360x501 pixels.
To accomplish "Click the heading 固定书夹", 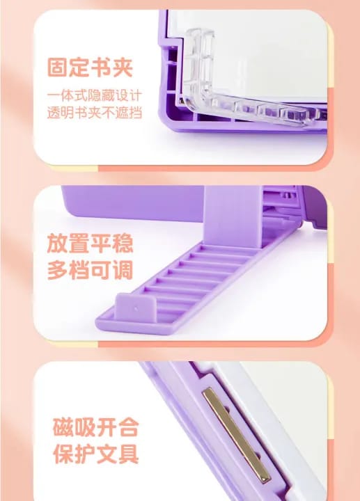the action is coord(90,67).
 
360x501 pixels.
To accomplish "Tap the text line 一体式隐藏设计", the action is coord(94,95).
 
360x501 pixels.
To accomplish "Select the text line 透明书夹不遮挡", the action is coord(94,113).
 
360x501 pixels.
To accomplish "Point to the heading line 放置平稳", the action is coord(90,244).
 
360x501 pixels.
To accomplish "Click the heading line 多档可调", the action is coord(90,270).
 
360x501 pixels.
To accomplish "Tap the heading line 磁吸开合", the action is coord(95,427).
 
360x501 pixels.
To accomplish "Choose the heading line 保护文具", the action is coord(95,454).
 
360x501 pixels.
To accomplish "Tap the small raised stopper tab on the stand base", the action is coord(135,308).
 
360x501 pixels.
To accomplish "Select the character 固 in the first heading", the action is coord(58,67).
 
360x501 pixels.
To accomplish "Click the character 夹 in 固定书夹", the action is coord(123,67).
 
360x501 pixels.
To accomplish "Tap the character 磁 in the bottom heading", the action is coord(63,427).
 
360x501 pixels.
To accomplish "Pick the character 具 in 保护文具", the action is coord(128,454).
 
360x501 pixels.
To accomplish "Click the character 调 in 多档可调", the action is coord(123,270).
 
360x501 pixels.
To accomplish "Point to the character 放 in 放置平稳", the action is coord(58,244).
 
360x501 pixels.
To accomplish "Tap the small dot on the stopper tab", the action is coord(136,309).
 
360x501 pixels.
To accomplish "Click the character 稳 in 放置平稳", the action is coord(123,244).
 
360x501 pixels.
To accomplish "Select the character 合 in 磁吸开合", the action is coord(128,427).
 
